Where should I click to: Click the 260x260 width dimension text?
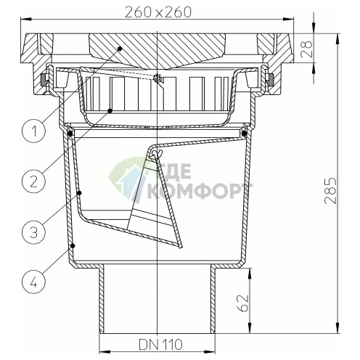(158, 12)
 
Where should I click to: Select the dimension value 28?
(306, 49)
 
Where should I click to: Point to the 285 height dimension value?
(330, 191)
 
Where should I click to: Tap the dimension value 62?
(242, 303)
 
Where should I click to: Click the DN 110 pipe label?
(160, 344)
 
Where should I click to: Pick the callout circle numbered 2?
(33, 181)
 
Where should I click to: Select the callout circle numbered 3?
(33, 232)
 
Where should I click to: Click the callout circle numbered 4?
(33, 282)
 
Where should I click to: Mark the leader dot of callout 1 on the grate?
(120, 49)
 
